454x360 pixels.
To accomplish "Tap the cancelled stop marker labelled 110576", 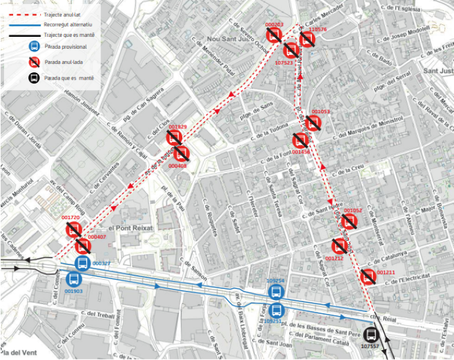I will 307,39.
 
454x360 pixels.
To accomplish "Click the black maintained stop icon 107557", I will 371,334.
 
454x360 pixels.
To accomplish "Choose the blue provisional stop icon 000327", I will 82,264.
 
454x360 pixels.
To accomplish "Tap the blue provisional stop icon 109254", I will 276,292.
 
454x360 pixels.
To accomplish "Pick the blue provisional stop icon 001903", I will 73,279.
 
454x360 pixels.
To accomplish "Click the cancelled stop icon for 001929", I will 174,138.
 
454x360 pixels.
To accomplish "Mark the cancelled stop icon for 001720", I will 73,230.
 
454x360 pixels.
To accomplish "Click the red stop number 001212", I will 335,259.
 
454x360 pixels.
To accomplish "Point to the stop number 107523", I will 284,63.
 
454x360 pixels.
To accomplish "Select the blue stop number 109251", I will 273,321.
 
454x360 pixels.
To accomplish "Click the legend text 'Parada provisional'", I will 66,47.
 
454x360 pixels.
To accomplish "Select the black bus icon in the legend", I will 34,78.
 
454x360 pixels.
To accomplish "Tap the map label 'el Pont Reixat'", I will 130,227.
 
